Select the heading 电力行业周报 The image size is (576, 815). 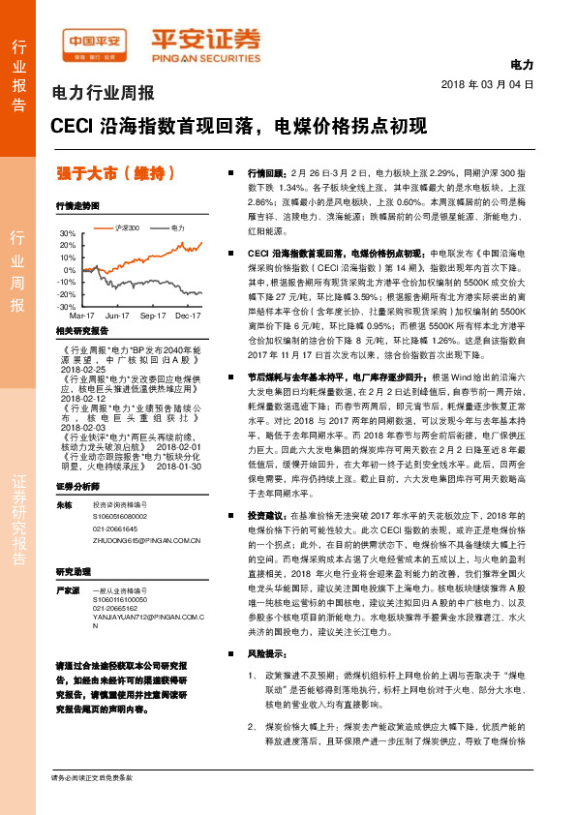[x=102, y=94]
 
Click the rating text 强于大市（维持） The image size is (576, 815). [x=116, y=174]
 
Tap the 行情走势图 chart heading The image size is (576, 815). [x=77, y=207]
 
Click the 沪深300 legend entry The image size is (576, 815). [x=128, y=228]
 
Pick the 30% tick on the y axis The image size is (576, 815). [x=66, y=234]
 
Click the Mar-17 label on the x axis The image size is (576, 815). [x=81, y=288]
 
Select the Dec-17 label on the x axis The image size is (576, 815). [x=187, y=288]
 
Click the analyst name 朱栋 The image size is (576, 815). [x=65, y=505]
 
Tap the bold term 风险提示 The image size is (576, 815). [x=266, y=681]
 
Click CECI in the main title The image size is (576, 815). [x=71, y=127]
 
